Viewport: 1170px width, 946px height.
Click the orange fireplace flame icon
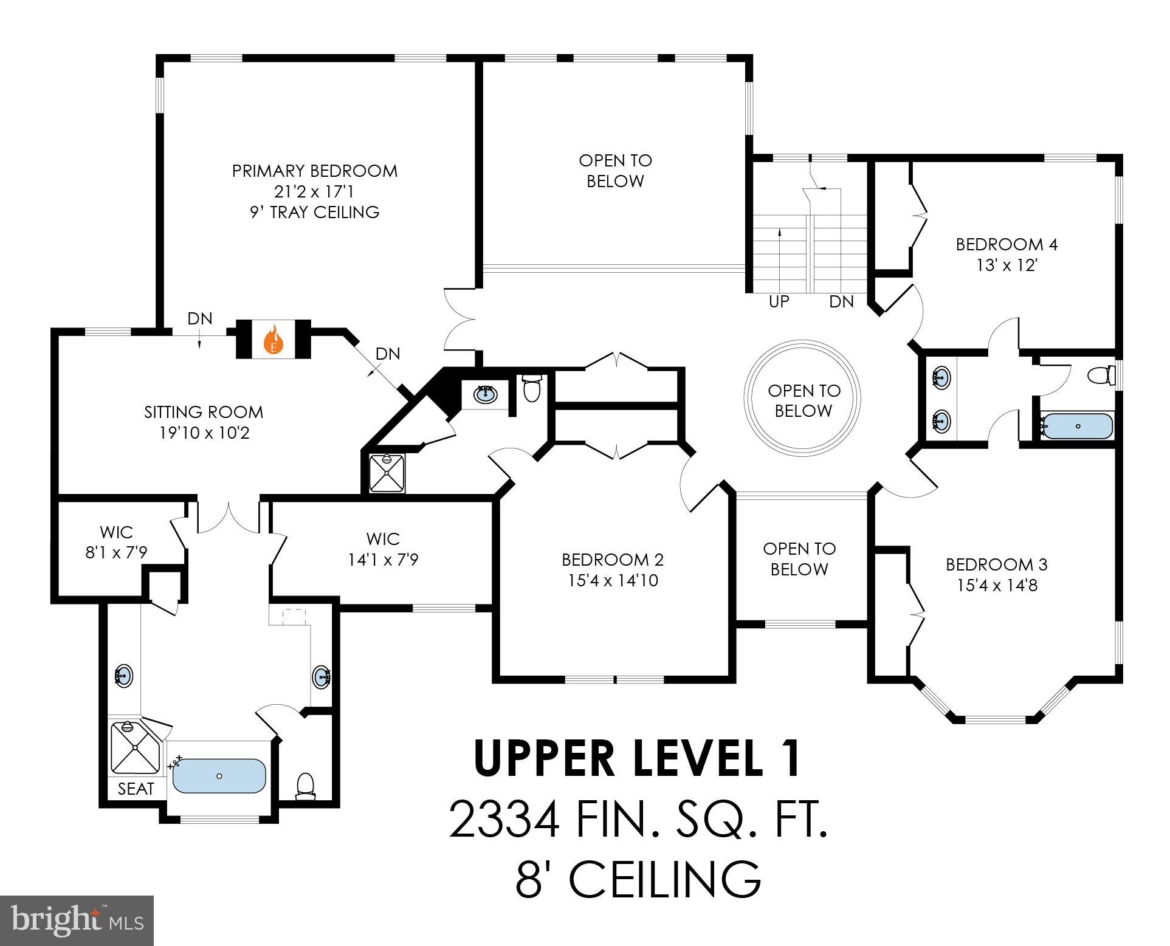274,340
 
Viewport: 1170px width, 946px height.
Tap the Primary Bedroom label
314,171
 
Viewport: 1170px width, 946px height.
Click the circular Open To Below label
803,400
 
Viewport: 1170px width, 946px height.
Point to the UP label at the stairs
779,301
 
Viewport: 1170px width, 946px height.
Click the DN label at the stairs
841,301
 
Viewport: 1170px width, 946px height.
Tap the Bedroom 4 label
1007,244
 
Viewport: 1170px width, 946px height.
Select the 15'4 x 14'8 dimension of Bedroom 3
996,586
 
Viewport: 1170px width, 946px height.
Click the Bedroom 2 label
612,559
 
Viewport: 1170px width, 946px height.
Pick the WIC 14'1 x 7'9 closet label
383,549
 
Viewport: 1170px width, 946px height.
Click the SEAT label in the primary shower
136,789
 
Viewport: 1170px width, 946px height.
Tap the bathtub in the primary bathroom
219,776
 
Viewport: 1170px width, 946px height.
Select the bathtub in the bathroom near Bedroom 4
1077,426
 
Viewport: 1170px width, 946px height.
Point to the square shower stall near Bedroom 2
387,472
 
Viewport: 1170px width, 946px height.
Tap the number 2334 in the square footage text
504,819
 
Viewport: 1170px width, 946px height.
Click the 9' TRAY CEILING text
314,212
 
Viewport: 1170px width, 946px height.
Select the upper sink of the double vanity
941,377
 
